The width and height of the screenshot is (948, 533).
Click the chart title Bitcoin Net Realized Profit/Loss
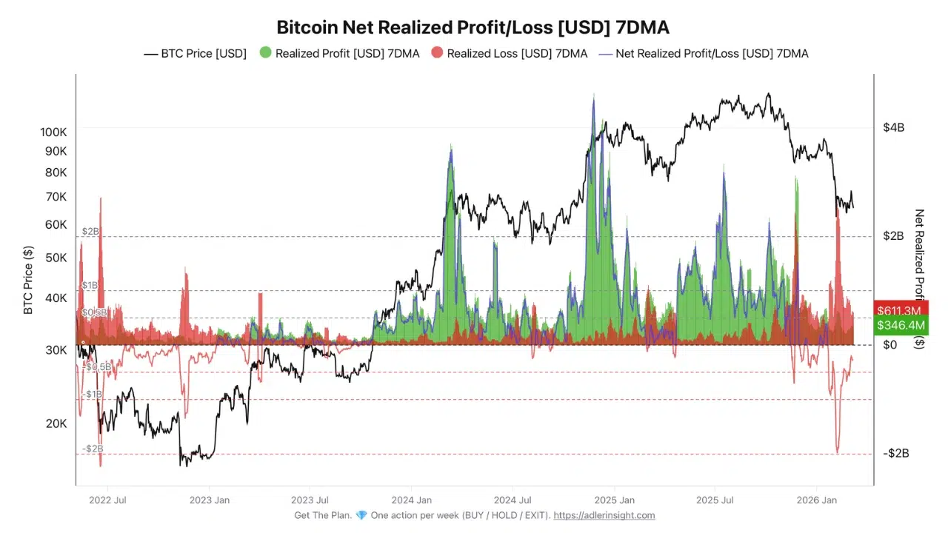coord(473,27)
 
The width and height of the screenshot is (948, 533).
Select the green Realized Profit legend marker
coord(265,53)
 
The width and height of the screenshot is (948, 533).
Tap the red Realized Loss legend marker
coord(437,53)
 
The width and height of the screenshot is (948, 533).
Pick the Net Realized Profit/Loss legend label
coord(712,53)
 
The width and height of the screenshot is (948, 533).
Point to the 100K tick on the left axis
coord(53,132)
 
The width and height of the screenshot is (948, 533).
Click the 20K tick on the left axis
coord(56,423)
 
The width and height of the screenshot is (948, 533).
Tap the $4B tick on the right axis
coord(893,127)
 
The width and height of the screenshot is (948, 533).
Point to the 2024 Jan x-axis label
coord(411,500)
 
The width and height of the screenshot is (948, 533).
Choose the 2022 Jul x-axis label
coord(107,500)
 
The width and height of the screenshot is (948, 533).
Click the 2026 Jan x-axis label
coord(818,500)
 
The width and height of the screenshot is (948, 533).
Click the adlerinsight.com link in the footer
coord(604,515)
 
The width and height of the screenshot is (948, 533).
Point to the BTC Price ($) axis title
coord(29,280)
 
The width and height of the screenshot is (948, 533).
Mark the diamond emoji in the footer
coord(361,515)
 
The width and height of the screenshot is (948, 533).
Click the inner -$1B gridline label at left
coord(93,395)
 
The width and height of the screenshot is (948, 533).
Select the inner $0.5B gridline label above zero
coord(93,312)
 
